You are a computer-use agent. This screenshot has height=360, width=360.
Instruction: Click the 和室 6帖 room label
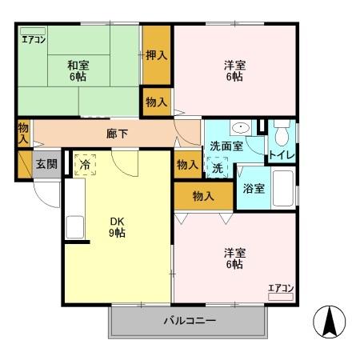point(77,71)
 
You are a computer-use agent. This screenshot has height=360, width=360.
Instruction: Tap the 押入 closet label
point(156,55)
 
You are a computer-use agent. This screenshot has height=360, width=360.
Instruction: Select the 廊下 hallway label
point(118,134)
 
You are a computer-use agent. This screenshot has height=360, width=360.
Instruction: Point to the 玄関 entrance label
point(46,164)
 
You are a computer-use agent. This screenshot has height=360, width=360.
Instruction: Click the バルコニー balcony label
point(190,321)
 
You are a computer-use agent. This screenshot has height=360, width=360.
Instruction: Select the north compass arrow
point(329,322)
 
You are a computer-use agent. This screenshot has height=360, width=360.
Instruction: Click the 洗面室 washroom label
point(225,146)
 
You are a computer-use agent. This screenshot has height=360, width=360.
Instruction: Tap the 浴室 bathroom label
point(254,188)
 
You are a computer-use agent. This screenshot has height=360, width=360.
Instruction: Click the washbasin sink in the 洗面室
point(239,129)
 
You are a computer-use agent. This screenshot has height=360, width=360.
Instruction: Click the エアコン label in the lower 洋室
point(281,288)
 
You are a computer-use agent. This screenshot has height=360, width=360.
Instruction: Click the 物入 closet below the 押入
point(156,102)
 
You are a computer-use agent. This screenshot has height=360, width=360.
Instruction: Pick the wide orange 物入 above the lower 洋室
point(202,195)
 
